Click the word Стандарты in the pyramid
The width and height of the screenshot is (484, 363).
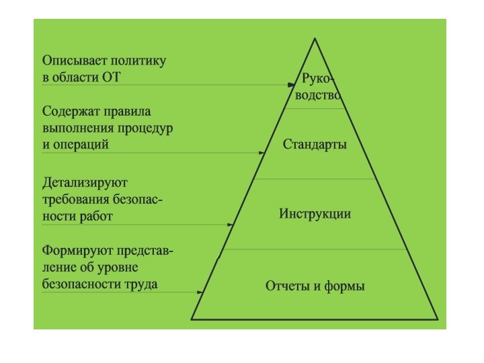315,145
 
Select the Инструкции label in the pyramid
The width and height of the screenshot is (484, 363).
315,214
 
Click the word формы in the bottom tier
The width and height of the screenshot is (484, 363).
345,286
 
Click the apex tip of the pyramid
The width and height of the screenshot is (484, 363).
314,39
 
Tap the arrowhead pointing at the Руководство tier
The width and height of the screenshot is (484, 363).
292,85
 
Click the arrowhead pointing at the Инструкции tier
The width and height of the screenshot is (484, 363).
233,225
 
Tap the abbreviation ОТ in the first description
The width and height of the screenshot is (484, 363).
110,77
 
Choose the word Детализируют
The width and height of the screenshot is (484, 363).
85,183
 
